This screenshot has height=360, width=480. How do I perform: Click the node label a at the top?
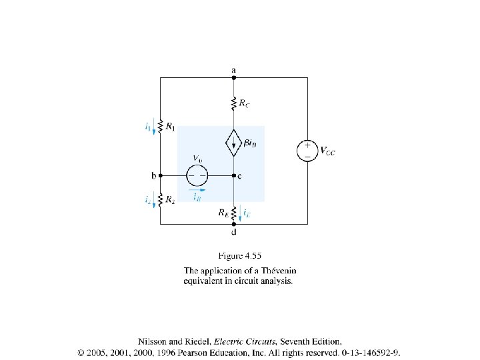coord(233,69)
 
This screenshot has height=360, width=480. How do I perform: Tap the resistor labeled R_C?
coord(233,104)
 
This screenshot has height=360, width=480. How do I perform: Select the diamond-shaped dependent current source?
coord(233,142)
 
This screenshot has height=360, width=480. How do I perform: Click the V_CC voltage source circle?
coord(307,150)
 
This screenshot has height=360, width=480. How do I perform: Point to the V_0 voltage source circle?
coord(197,176)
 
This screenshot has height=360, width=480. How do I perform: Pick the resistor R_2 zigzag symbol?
coord(160,198)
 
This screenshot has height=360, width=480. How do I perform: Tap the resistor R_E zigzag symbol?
coord(233,213)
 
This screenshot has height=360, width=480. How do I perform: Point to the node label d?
coord(233,233)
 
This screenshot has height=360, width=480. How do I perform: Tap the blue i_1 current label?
coord(147,125)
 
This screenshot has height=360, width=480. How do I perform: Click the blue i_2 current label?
coord(147,199)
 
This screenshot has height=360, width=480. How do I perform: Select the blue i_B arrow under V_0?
coord(197,189)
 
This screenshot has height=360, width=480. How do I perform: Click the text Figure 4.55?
coord(238,255)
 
